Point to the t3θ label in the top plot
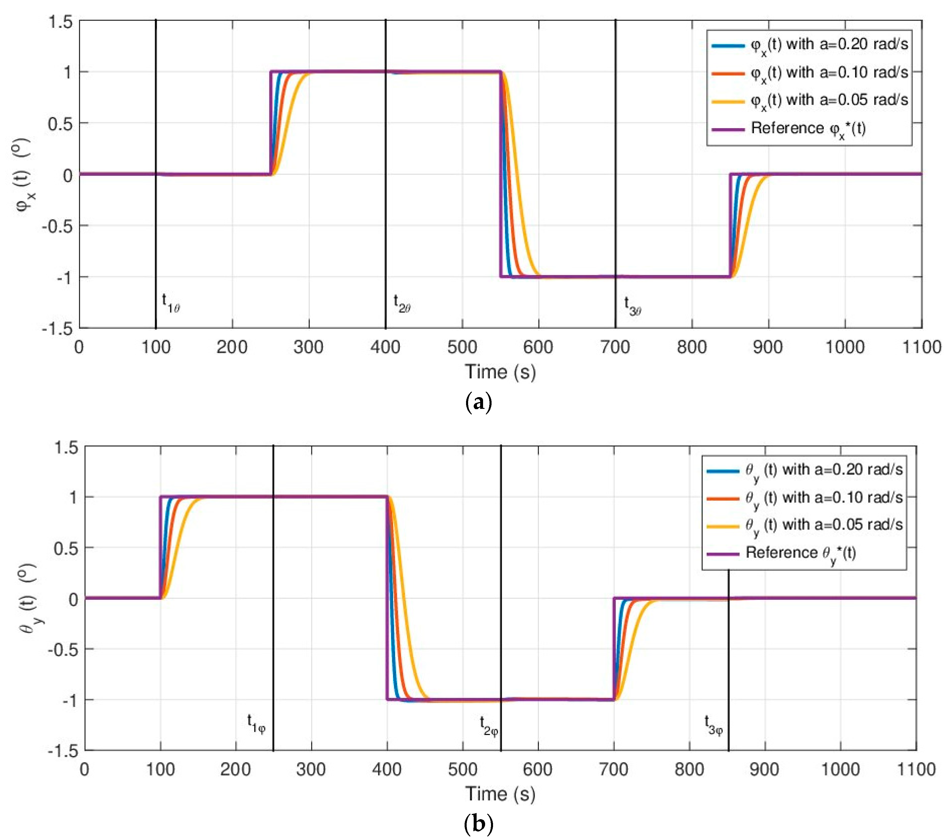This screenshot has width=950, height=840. (x=632, y=306)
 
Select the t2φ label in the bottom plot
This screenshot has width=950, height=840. (x=488, y=726)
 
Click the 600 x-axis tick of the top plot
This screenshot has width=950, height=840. (x=538, y=347)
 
